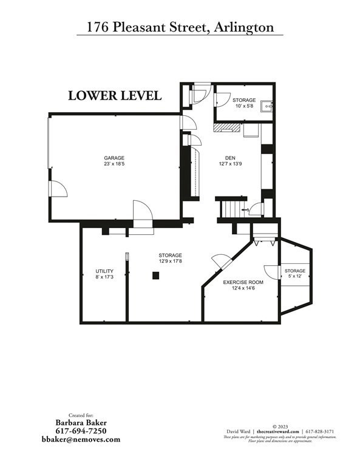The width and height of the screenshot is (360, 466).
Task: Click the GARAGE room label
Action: [114, 158]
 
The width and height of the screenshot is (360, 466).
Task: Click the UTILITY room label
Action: [104, 271]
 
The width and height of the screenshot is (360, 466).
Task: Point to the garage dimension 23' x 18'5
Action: [114, 164]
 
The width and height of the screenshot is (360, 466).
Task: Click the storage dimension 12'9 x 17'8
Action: [170, 262]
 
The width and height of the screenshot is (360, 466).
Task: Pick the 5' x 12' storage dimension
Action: [295, 277]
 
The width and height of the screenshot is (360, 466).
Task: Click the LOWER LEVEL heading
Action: [114, 96]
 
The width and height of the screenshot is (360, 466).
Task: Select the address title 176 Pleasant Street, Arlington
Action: [180, 27]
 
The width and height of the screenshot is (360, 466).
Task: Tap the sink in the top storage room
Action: [267, 107]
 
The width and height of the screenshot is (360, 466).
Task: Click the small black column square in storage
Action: [156, 276]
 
